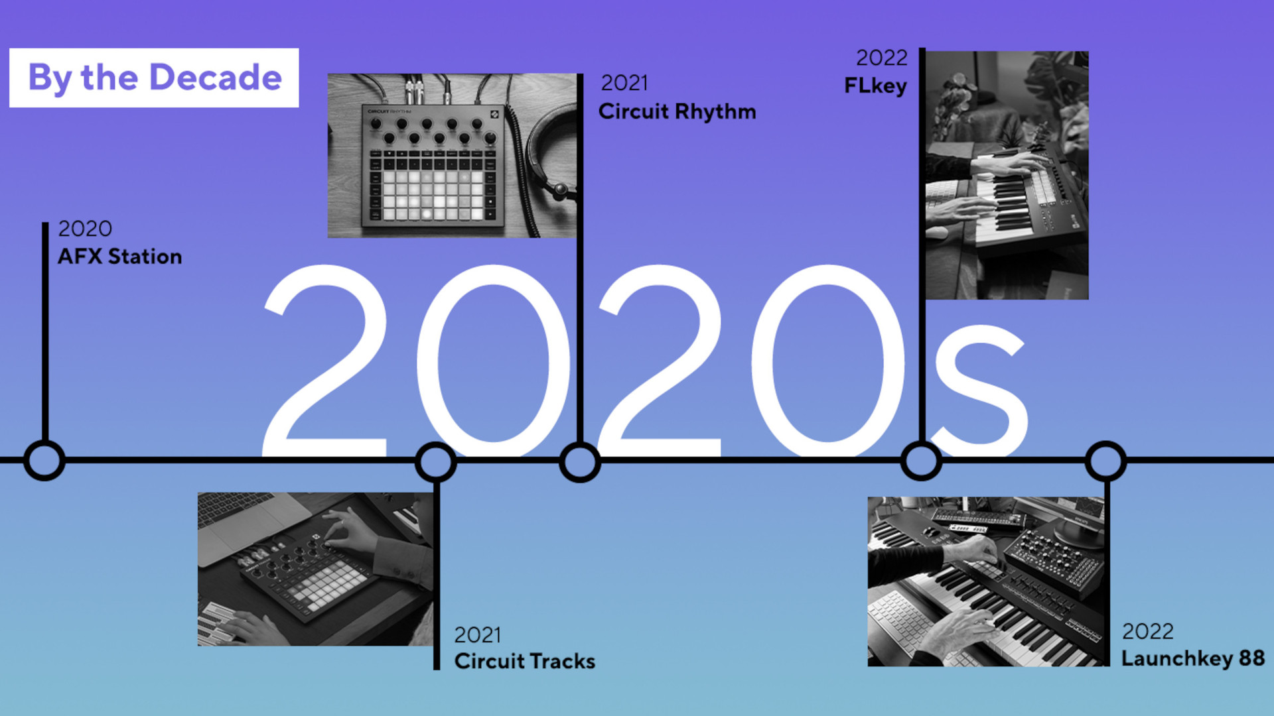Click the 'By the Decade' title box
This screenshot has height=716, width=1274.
(x=154, y=78)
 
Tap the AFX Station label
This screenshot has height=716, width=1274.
(x=119, y=257)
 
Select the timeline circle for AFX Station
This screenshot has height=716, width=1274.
(x=44, y=460)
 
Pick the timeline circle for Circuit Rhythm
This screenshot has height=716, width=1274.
(x=579, y=462)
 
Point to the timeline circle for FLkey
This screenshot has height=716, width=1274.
(x=921, y=460)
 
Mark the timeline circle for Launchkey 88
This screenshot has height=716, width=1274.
(x=1105, y=461)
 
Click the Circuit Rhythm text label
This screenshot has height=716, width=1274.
(x=677, y=111)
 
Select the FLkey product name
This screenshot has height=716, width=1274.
(x=875, y=86)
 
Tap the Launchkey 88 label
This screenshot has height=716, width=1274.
(x=1192, y=658)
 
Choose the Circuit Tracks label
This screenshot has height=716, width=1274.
(x=524, y=661)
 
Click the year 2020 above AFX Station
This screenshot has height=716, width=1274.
(x=85, y=229)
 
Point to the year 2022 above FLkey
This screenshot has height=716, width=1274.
(x=881, y=58)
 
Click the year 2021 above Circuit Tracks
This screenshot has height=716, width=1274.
(x=477, y=635)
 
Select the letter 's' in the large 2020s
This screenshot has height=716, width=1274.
(x=979, y=391)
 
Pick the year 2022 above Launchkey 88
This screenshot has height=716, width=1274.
(x=1147, y=631)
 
